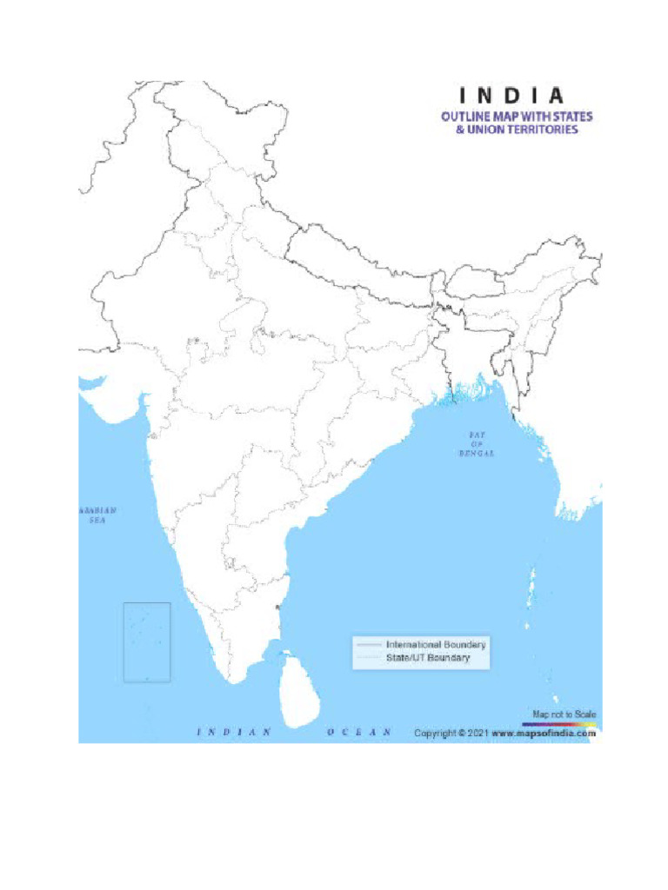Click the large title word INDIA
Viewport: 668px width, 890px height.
point(511,96)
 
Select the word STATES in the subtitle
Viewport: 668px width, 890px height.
point(575,116)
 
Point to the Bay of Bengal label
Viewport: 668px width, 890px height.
point(477,443)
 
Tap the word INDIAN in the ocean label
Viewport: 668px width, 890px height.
point(235,732)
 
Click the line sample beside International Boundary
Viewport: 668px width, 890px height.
point(369,645)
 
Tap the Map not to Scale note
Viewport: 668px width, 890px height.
point(564,714)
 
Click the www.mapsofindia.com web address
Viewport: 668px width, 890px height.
point(544,733)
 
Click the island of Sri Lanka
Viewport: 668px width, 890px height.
point(297,691)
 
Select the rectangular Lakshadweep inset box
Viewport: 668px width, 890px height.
point(147,641)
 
